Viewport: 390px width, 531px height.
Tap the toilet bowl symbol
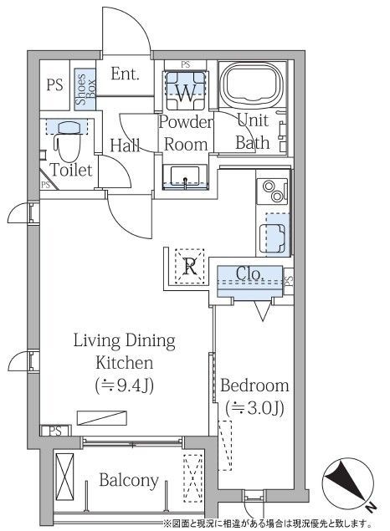(69, 143)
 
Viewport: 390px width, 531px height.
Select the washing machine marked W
(186, 90)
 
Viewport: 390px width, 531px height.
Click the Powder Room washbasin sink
(185, 176)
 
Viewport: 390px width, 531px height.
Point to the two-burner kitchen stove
(273, 191)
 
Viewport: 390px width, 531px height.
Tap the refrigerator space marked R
(190, 266)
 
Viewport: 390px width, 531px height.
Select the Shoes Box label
(85, 89)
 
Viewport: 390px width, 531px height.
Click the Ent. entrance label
(125, 74)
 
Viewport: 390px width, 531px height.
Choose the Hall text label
(125, 145)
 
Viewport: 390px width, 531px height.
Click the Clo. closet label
(250, 274)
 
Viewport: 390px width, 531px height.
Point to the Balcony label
(129, 480)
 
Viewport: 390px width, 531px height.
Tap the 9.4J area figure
(125, 385)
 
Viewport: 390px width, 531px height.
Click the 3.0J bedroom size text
(254, 408)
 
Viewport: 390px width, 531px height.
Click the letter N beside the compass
(371, 507)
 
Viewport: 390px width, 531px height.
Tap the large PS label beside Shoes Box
(54, 84)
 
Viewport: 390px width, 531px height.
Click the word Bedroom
(254, 385)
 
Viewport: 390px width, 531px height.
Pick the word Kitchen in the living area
(125, 363)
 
